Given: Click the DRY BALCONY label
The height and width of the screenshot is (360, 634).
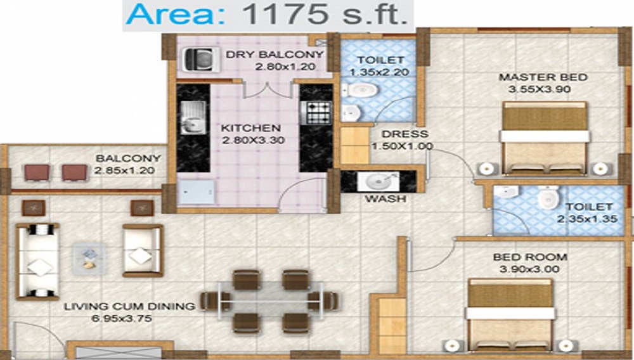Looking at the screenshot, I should click(275, 55).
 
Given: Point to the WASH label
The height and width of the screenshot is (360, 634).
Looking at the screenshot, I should click(384, 199).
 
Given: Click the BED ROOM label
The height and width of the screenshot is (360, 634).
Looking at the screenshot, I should click(531, 257).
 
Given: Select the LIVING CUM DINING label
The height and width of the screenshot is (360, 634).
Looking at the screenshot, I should click(129, 307).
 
